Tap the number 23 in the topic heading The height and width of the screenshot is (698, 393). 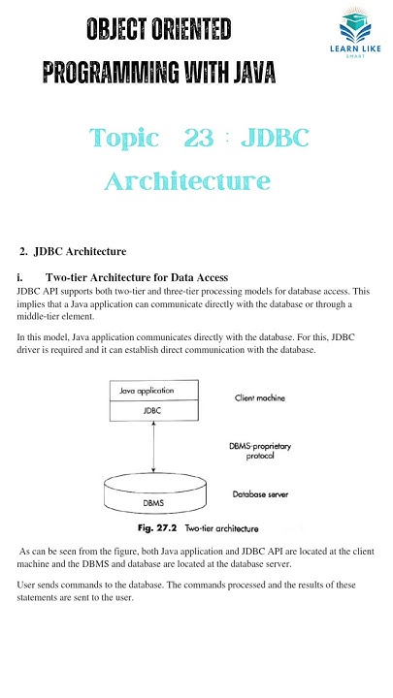point(199,138)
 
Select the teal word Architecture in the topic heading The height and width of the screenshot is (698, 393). point(187,180)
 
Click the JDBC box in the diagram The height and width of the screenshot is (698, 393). point(147,410)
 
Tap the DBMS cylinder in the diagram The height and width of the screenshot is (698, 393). point(153,503)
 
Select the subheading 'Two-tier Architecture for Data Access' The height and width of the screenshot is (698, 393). point(136,278)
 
